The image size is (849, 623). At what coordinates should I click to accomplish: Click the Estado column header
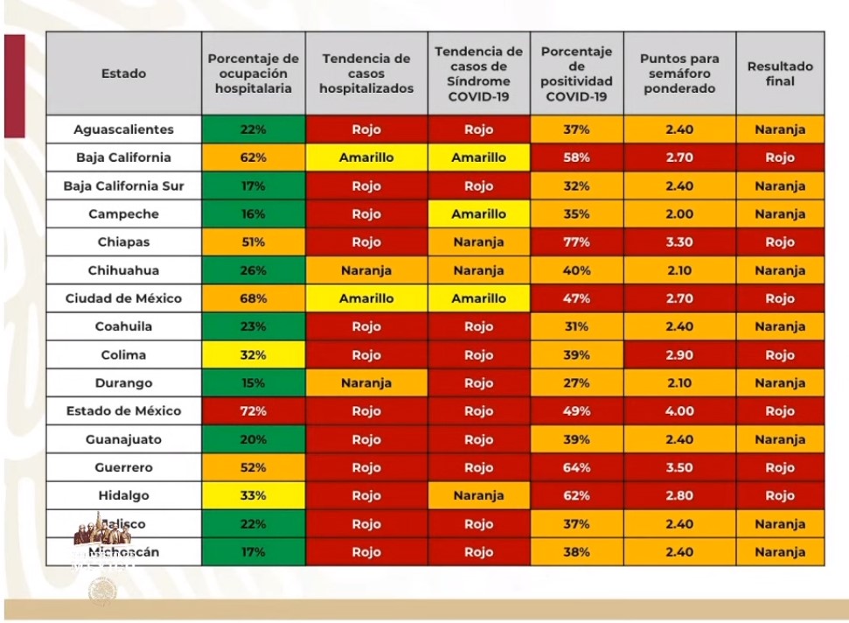click(x=123, y=73)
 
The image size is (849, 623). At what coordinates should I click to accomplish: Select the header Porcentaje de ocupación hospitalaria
click(x=254, y=73)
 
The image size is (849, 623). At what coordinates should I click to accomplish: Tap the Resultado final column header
click(x=780, y=73)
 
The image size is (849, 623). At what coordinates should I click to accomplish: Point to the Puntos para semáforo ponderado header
click(x=679, y=73)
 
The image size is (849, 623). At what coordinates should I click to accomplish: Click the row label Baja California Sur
click(x=123, y=186)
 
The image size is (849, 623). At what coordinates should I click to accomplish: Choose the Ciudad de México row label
click(x=123, y=298)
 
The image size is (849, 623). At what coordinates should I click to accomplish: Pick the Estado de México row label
click(x=123, y=411)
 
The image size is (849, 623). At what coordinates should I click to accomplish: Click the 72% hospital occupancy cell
click(x=254, y=411)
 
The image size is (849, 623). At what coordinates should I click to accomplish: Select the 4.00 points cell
click(x=679, y=411)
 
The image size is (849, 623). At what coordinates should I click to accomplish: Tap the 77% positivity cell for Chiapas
click(x=577, y=242)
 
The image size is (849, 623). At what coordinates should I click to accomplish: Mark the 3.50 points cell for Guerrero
click(x=679, y=467)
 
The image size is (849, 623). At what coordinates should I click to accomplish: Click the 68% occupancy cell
click(x=254, y=298)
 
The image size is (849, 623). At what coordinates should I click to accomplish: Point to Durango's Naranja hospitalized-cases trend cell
click(x=366, y=383)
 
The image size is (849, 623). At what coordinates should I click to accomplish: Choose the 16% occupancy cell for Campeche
click(x=254, y=214)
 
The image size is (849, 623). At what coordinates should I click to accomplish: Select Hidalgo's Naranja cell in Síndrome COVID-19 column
click(x=479, y=495)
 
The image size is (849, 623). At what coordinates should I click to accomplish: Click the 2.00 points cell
click(x=679, y=214)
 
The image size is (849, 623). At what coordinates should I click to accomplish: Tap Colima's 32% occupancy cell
click(x=254, y=355)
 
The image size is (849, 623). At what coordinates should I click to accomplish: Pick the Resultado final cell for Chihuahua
click(x=780, y=270)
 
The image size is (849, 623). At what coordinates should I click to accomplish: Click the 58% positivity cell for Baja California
click(x=577, y=158)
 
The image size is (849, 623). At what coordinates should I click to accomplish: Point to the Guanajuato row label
click(x=123, y=439)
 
